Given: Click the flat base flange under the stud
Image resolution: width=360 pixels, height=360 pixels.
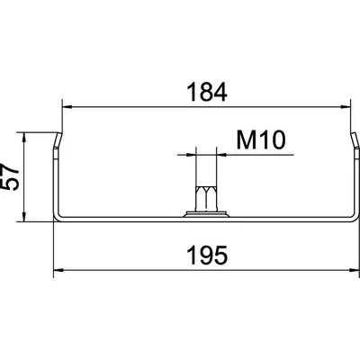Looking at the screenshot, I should coord(206,214).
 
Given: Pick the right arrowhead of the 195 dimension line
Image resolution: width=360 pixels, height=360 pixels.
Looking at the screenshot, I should coord(353,269).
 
